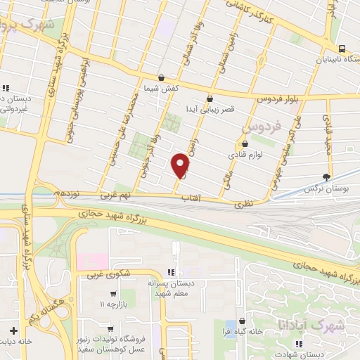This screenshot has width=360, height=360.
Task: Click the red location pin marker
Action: point(181,165)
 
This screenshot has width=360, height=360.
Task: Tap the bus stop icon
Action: point(342,49)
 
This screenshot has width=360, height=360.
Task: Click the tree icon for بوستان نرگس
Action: point(326,176)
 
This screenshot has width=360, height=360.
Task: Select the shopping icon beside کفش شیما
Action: point(163,78)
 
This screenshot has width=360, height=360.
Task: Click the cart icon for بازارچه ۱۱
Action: point(112,293)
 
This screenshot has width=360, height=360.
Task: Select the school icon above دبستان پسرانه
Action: point(169,271)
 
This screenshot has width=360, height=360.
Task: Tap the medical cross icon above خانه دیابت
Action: point(13,330)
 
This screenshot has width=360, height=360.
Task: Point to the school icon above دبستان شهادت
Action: point(300,343)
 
